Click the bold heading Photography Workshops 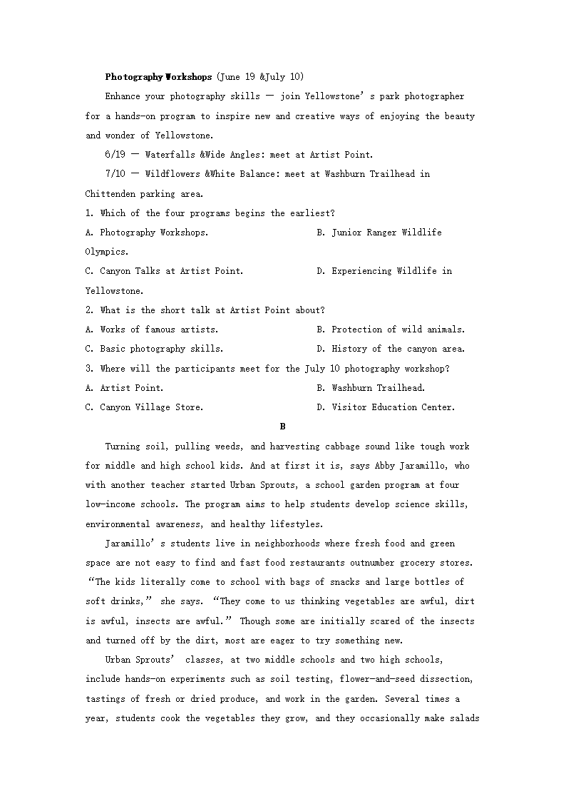coord(158,77)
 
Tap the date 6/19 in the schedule coord(115,155)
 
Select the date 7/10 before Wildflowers coord(115,174)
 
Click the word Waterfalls coord(170,155)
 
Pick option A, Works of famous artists coord(152,330)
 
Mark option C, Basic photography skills coord(154,349)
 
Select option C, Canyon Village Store coord(144,407)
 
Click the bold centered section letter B coord(283,427)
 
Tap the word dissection coord(446,679)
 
